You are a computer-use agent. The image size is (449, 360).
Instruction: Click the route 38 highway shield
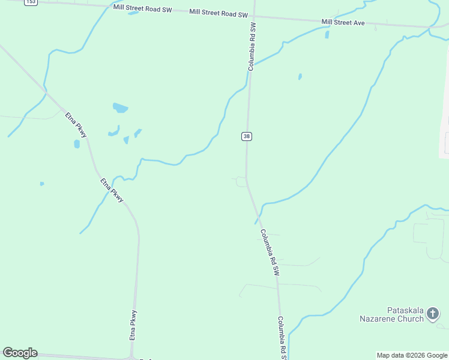tap(247, 136)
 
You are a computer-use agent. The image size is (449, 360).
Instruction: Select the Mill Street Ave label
tap(343, 22)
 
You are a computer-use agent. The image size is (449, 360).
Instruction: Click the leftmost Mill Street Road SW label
tap(143, 7)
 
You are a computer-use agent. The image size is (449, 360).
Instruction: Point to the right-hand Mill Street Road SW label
tap(218, 13)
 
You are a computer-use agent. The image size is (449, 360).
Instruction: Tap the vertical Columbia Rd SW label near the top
tap(253, 47)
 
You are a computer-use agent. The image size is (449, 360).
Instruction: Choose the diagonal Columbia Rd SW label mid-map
tap(270, 252)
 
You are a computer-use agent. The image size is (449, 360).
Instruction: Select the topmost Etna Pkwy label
tap(76, 125)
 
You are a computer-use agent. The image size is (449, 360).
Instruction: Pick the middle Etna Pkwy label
tap(112, 190)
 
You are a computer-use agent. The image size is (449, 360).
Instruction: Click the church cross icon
tap(433, 313)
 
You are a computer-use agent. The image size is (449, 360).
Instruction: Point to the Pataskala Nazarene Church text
tap(391, 315)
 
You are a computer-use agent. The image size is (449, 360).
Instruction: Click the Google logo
tap(20, 353)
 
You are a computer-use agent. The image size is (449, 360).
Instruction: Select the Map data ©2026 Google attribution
tap(412, 355)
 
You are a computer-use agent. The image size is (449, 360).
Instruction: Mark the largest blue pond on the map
tap(120, 108)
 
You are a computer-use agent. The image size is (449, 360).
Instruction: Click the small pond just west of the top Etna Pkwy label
tap(77, 144)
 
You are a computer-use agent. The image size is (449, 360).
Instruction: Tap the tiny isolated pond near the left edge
tap(41, 183)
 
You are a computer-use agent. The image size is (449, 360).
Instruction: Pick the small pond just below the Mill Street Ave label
tap(327, 34)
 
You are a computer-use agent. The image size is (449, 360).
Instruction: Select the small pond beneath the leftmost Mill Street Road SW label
tap(133, 13)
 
